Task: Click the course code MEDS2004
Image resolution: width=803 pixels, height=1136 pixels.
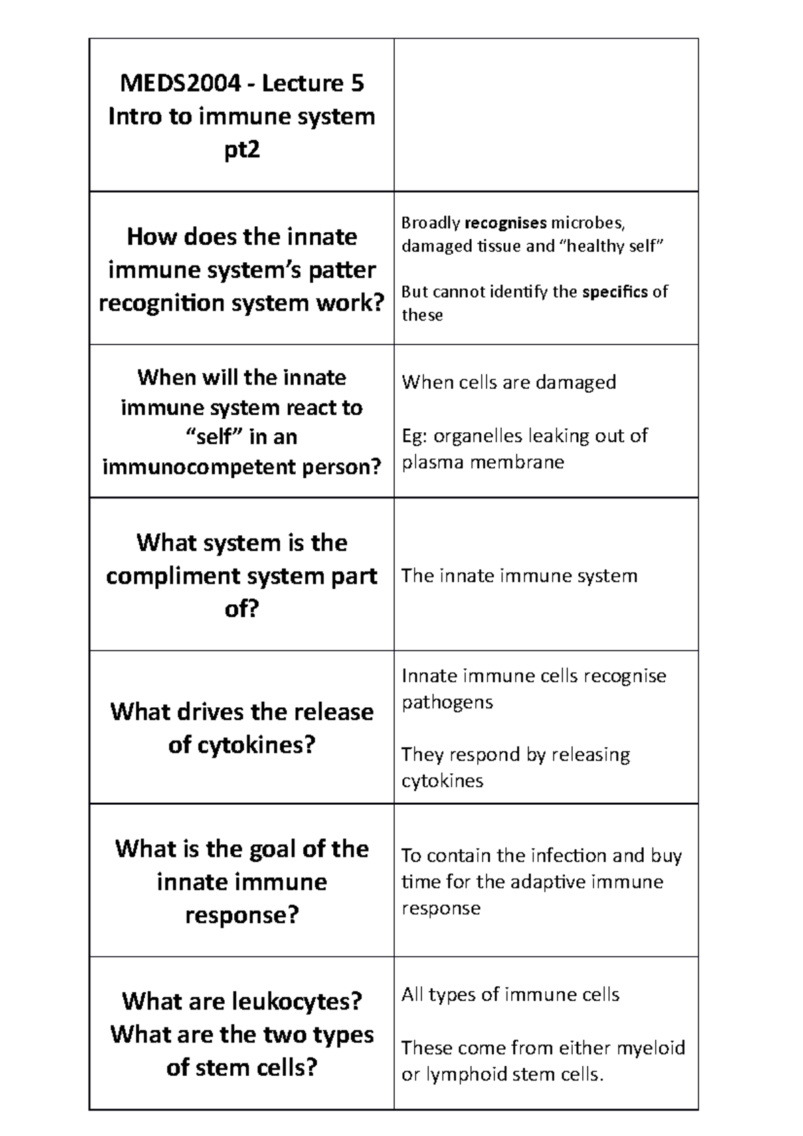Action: click(x=180, y=83)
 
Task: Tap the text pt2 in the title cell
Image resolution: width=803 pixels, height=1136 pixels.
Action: click(x=242, y=150)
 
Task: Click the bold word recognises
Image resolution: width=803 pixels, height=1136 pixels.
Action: click(x=505, y=223)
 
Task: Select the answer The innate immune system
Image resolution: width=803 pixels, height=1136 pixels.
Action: click(x=519, y=576)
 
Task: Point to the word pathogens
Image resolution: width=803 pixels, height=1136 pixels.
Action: click(x=447, y=702)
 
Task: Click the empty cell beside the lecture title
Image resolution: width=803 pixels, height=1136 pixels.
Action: click(x=546, y=115)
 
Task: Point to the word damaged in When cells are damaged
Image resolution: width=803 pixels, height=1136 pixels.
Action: click(x=575, y=383)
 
